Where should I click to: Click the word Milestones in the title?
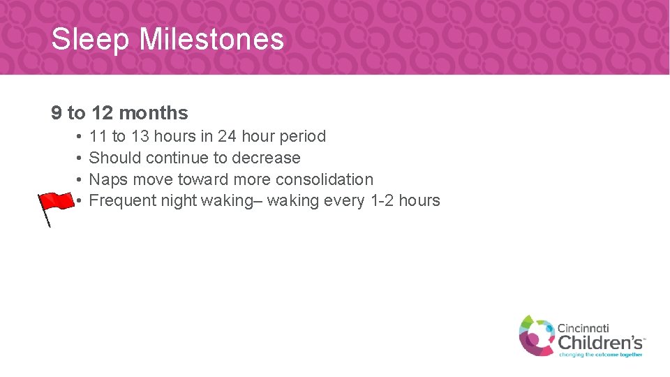211,39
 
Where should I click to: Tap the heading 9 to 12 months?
119,112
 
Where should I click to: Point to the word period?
302,136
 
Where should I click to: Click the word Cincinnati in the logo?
583,327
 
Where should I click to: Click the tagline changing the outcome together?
600,355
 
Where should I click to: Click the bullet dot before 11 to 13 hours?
80,136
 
